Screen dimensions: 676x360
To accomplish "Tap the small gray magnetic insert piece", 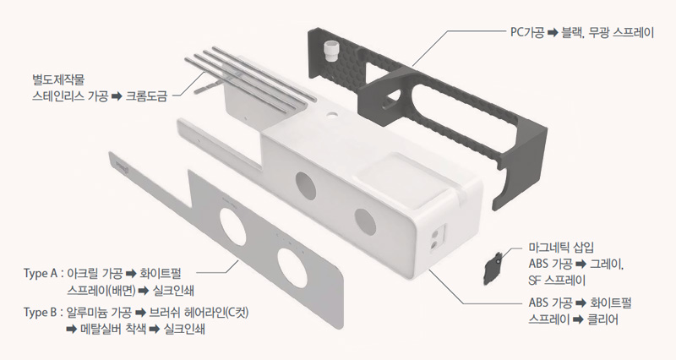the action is coord(493,268).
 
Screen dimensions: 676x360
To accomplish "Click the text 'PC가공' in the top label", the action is coord(526,33).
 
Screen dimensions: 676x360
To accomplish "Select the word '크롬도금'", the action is coord(145,95).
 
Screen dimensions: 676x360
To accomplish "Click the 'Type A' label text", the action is coord(40,274).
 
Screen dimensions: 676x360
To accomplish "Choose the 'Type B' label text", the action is coord(40,313).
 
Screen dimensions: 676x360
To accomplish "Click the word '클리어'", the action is coord(602,319).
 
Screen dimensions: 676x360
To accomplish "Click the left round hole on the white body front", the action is coord(306,186).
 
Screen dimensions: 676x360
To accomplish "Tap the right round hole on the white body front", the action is coord(366,221).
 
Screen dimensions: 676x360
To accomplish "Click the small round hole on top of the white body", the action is coord(332,116).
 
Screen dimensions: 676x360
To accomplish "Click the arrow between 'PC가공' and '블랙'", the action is coord(553,33).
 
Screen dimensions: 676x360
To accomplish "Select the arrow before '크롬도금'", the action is coord(117,96).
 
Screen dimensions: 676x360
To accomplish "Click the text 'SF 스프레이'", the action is coord(557,281).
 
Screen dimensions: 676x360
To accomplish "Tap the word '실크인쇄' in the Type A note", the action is coord(173,291).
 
